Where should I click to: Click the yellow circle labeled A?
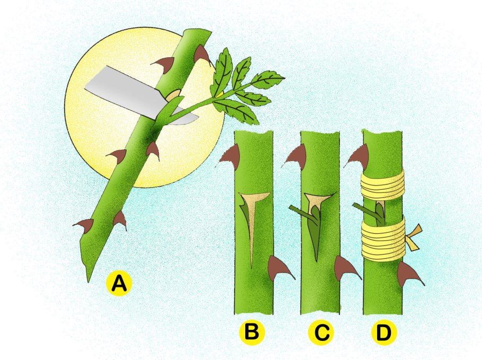[x=119, y=283]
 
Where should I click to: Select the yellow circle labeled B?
[x=252, y=332]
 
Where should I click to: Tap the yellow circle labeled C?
[x=321, y=332]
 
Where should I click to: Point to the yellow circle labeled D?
[x=384, y=332]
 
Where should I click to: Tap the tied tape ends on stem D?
[x=415, y=237]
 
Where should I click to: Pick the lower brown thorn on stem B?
[x=278, y=268]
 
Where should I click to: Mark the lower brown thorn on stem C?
[x=345, y=267]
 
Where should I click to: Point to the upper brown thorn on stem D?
[x=357, y=157]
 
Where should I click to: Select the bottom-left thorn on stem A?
[x=85, y=226]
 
